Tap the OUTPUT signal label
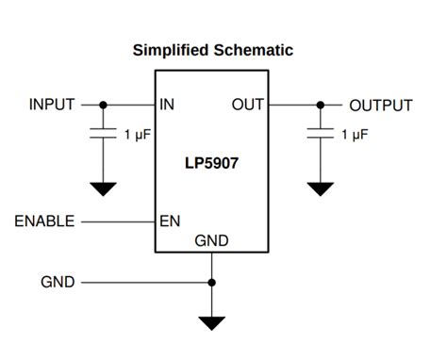(x=380, y=106)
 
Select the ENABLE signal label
(x=45, y=221)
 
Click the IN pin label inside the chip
(x=167, y=105)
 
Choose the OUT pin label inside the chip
(x=247, y=105)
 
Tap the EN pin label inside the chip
(x=170, y=221)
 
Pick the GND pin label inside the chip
(x=211, y=241)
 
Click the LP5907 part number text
(x=211, y=163)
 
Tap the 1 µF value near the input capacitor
(x=140, y=135)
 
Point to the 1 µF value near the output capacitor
(x=355, y=135)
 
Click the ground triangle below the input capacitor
(x=103, y=188)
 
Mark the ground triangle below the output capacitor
(x=321, y=188)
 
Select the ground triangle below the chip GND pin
(x=211, y=323)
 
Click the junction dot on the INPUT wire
(x=103, y=105)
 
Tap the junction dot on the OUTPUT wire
(x=321, y=105)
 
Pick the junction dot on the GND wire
(x=211, y=282)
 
